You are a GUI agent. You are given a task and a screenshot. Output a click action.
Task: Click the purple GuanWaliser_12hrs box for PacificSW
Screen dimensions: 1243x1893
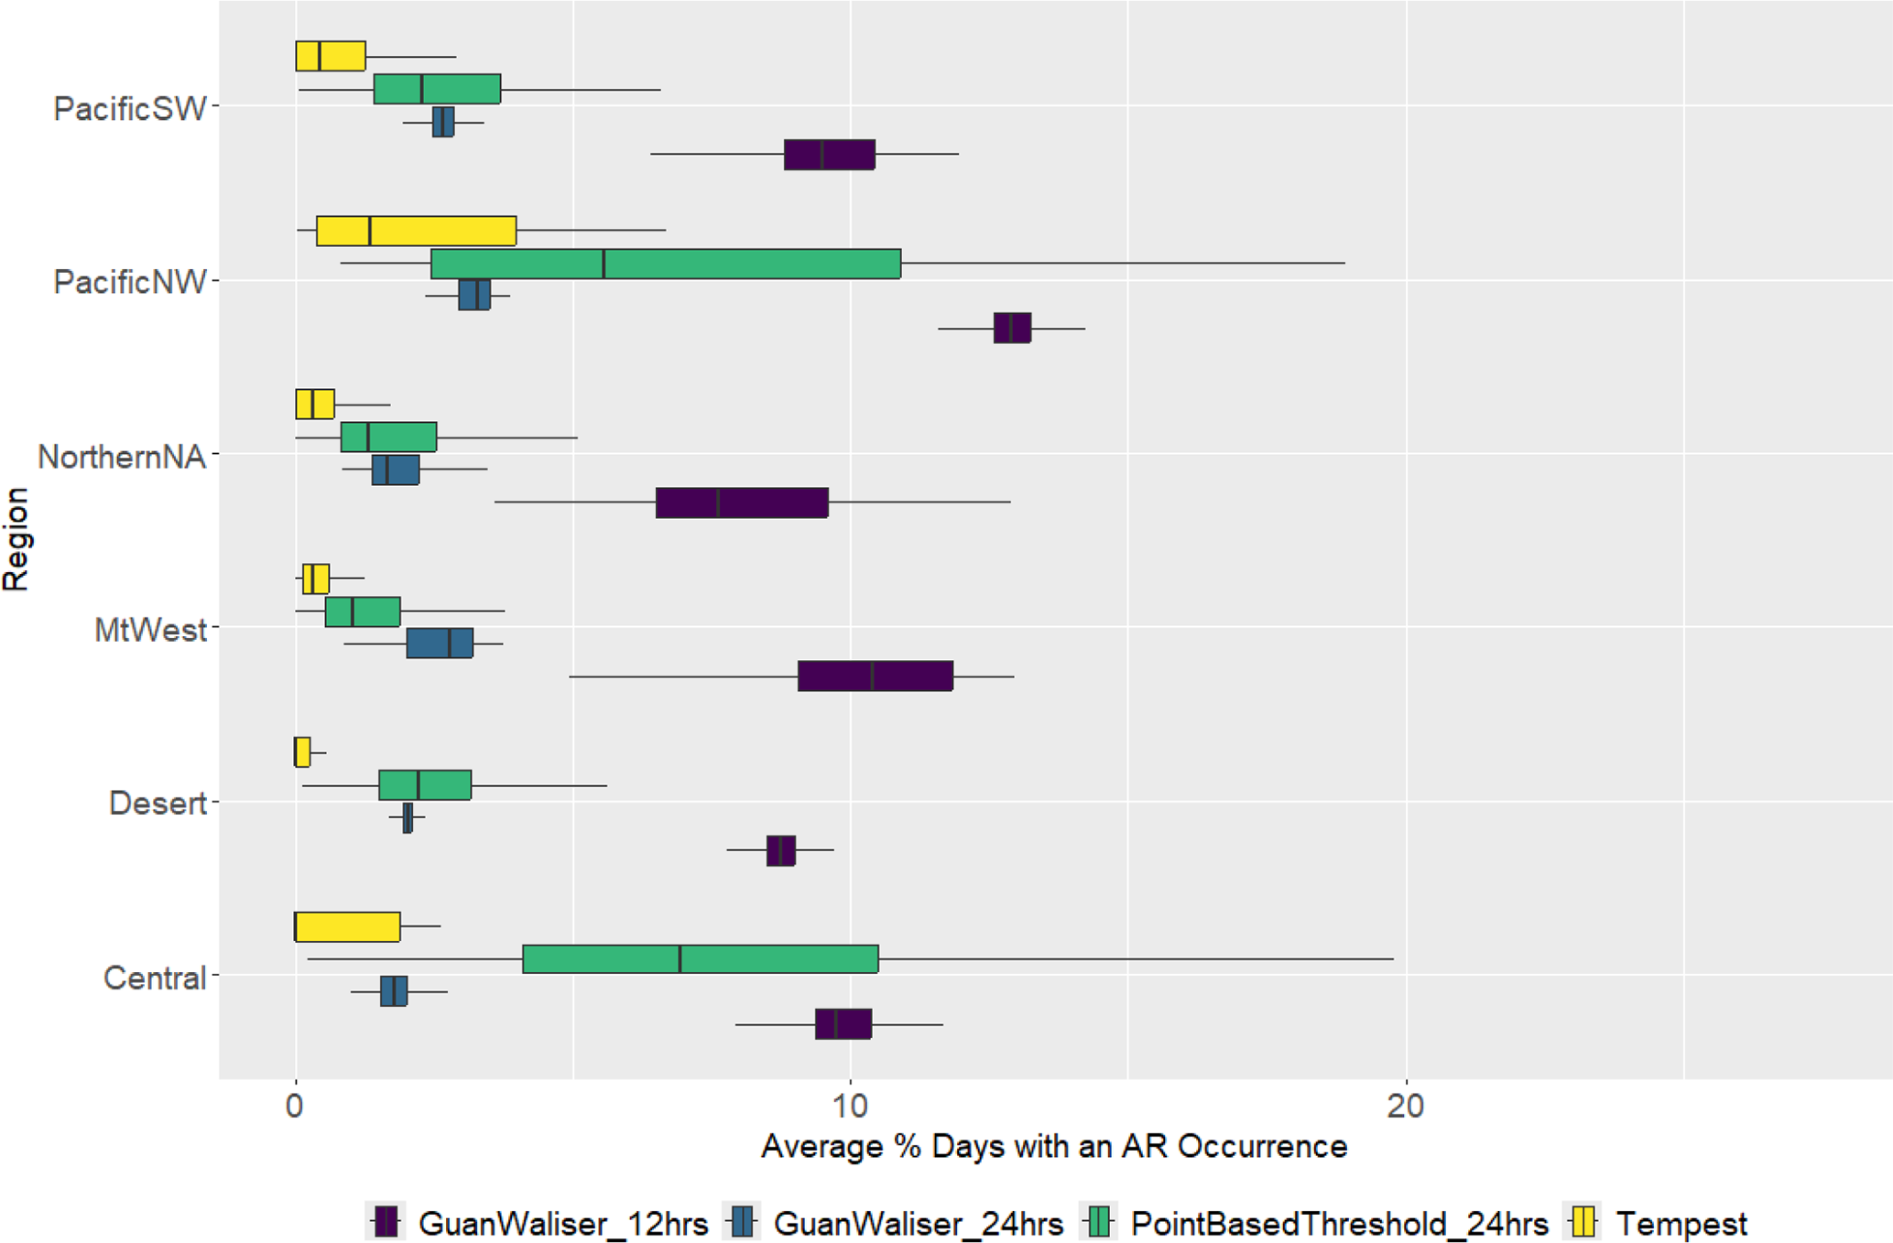point(829,155)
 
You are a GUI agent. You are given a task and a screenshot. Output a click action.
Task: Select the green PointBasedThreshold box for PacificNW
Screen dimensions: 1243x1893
point(666,264)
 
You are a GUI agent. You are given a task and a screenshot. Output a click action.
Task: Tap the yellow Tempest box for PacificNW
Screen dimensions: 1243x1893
point(416,231)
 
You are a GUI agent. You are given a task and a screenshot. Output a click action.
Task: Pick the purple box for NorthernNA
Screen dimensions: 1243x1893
point(742,503)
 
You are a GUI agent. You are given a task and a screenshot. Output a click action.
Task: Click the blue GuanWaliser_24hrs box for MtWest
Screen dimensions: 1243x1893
point(440,643)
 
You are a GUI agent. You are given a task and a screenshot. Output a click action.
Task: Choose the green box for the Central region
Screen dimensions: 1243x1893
point(701,958)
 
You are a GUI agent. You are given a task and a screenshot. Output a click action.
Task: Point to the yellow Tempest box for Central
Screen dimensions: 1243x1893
point(347,926)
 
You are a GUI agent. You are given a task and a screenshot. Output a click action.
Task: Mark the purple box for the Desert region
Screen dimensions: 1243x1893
point(780,850)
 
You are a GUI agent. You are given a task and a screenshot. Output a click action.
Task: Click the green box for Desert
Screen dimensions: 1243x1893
point(425,785)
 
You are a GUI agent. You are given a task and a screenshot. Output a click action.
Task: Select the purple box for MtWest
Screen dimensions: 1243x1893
point(875,676)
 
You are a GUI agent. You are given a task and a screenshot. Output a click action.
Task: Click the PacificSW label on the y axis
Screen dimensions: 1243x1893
point(130,108)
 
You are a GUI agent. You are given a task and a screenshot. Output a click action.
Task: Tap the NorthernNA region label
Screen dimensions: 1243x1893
point(121,456)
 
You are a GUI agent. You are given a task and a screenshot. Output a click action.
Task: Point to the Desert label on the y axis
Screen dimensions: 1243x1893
point(157,803)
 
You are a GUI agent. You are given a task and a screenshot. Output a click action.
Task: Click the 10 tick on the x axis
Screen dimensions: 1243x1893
point(850,1107)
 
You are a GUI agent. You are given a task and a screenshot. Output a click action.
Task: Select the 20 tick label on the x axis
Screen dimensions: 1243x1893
point(1405,1107)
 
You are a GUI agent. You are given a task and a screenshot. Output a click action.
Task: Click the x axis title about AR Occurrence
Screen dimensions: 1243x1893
point(1053,1146)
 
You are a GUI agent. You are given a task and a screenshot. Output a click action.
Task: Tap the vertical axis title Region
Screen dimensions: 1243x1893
point(16,540)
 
